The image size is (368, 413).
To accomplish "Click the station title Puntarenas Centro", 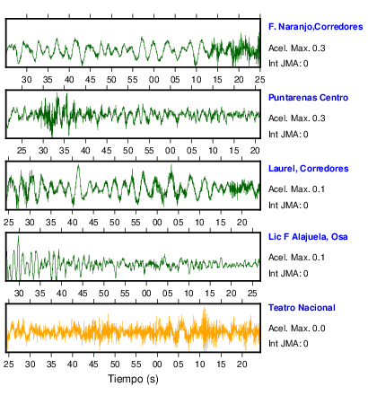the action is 308,98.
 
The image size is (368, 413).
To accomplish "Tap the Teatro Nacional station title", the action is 302,308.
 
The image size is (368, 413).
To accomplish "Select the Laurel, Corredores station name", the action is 309,169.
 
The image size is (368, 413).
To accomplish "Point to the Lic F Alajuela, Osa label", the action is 308,237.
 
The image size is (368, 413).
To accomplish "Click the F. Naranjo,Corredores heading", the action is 316,27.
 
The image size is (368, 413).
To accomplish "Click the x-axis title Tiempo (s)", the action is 133,379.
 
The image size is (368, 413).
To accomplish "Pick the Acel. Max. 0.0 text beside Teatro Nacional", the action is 297,329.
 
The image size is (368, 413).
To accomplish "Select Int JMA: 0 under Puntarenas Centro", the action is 288,135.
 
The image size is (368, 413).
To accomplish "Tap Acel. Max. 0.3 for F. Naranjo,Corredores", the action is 297,48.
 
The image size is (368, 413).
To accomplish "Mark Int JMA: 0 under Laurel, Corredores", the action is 288,206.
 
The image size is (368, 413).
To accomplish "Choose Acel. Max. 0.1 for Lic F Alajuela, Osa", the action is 296,258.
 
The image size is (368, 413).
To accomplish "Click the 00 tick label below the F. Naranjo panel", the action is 153,80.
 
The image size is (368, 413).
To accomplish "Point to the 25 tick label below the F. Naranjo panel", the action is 259,80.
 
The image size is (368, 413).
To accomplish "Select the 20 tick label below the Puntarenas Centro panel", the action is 255,151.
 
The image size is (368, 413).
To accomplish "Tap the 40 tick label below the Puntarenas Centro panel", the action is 85,151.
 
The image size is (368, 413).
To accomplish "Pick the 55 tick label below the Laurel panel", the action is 136,223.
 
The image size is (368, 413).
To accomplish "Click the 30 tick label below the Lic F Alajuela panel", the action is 19,294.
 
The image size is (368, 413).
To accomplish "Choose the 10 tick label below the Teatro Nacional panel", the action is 199,365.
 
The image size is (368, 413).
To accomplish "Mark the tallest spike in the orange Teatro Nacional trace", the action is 205,307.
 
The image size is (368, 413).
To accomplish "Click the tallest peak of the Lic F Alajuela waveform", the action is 19,236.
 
